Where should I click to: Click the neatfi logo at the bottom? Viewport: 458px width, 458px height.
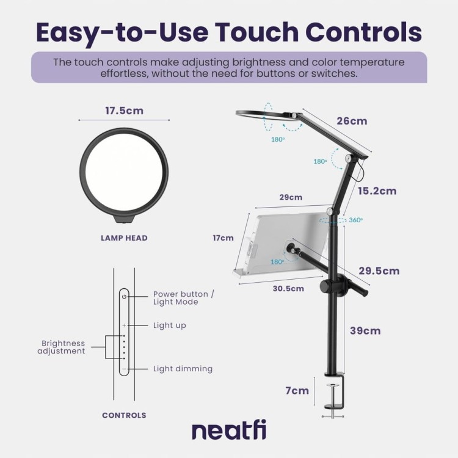coord(229,430)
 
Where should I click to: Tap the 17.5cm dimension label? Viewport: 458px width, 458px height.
coord(124,111)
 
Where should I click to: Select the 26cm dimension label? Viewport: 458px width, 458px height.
coord(352,121)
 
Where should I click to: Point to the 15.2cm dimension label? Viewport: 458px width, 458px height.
coord(377,191)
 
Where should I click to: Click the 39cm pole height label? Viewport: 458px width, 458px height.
coord(365,330)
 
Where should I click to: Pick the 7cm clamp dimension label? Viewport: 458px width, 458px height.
coord(297,391)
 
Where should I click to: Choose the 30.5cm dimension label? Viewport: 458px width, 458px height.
coord(288,289)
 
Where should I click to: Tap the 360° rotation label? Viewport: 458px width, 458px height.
coord(356,220)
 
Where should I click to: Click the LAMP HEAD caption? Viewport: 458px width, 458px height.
coord(124,238)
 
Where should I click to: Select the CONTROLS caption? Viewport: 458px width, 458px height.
coord(124,415)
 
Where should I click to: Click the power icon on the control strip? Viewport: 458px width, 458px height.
coord(124,297)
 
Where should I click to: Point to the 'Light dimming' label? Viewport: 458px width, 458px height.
coord(183,369)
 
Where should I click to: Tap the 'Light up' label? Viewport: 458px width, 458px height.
coord(169,325)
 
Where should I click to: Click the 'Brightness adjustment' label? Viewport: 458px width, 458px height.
coord(61,347)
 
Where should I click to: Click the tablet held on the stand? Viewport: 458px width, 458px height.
coord(280,244)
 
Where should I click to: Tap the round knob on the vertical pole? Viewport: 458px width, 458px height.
coord(325,286)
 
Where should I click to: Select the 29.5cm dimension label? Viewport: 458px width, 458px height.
coord(379,271)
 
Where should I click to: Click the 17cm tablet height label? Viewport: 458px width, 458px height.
coord(223,238)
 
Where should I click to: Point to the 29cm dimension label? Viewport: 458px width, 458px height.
coord(291,197)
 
